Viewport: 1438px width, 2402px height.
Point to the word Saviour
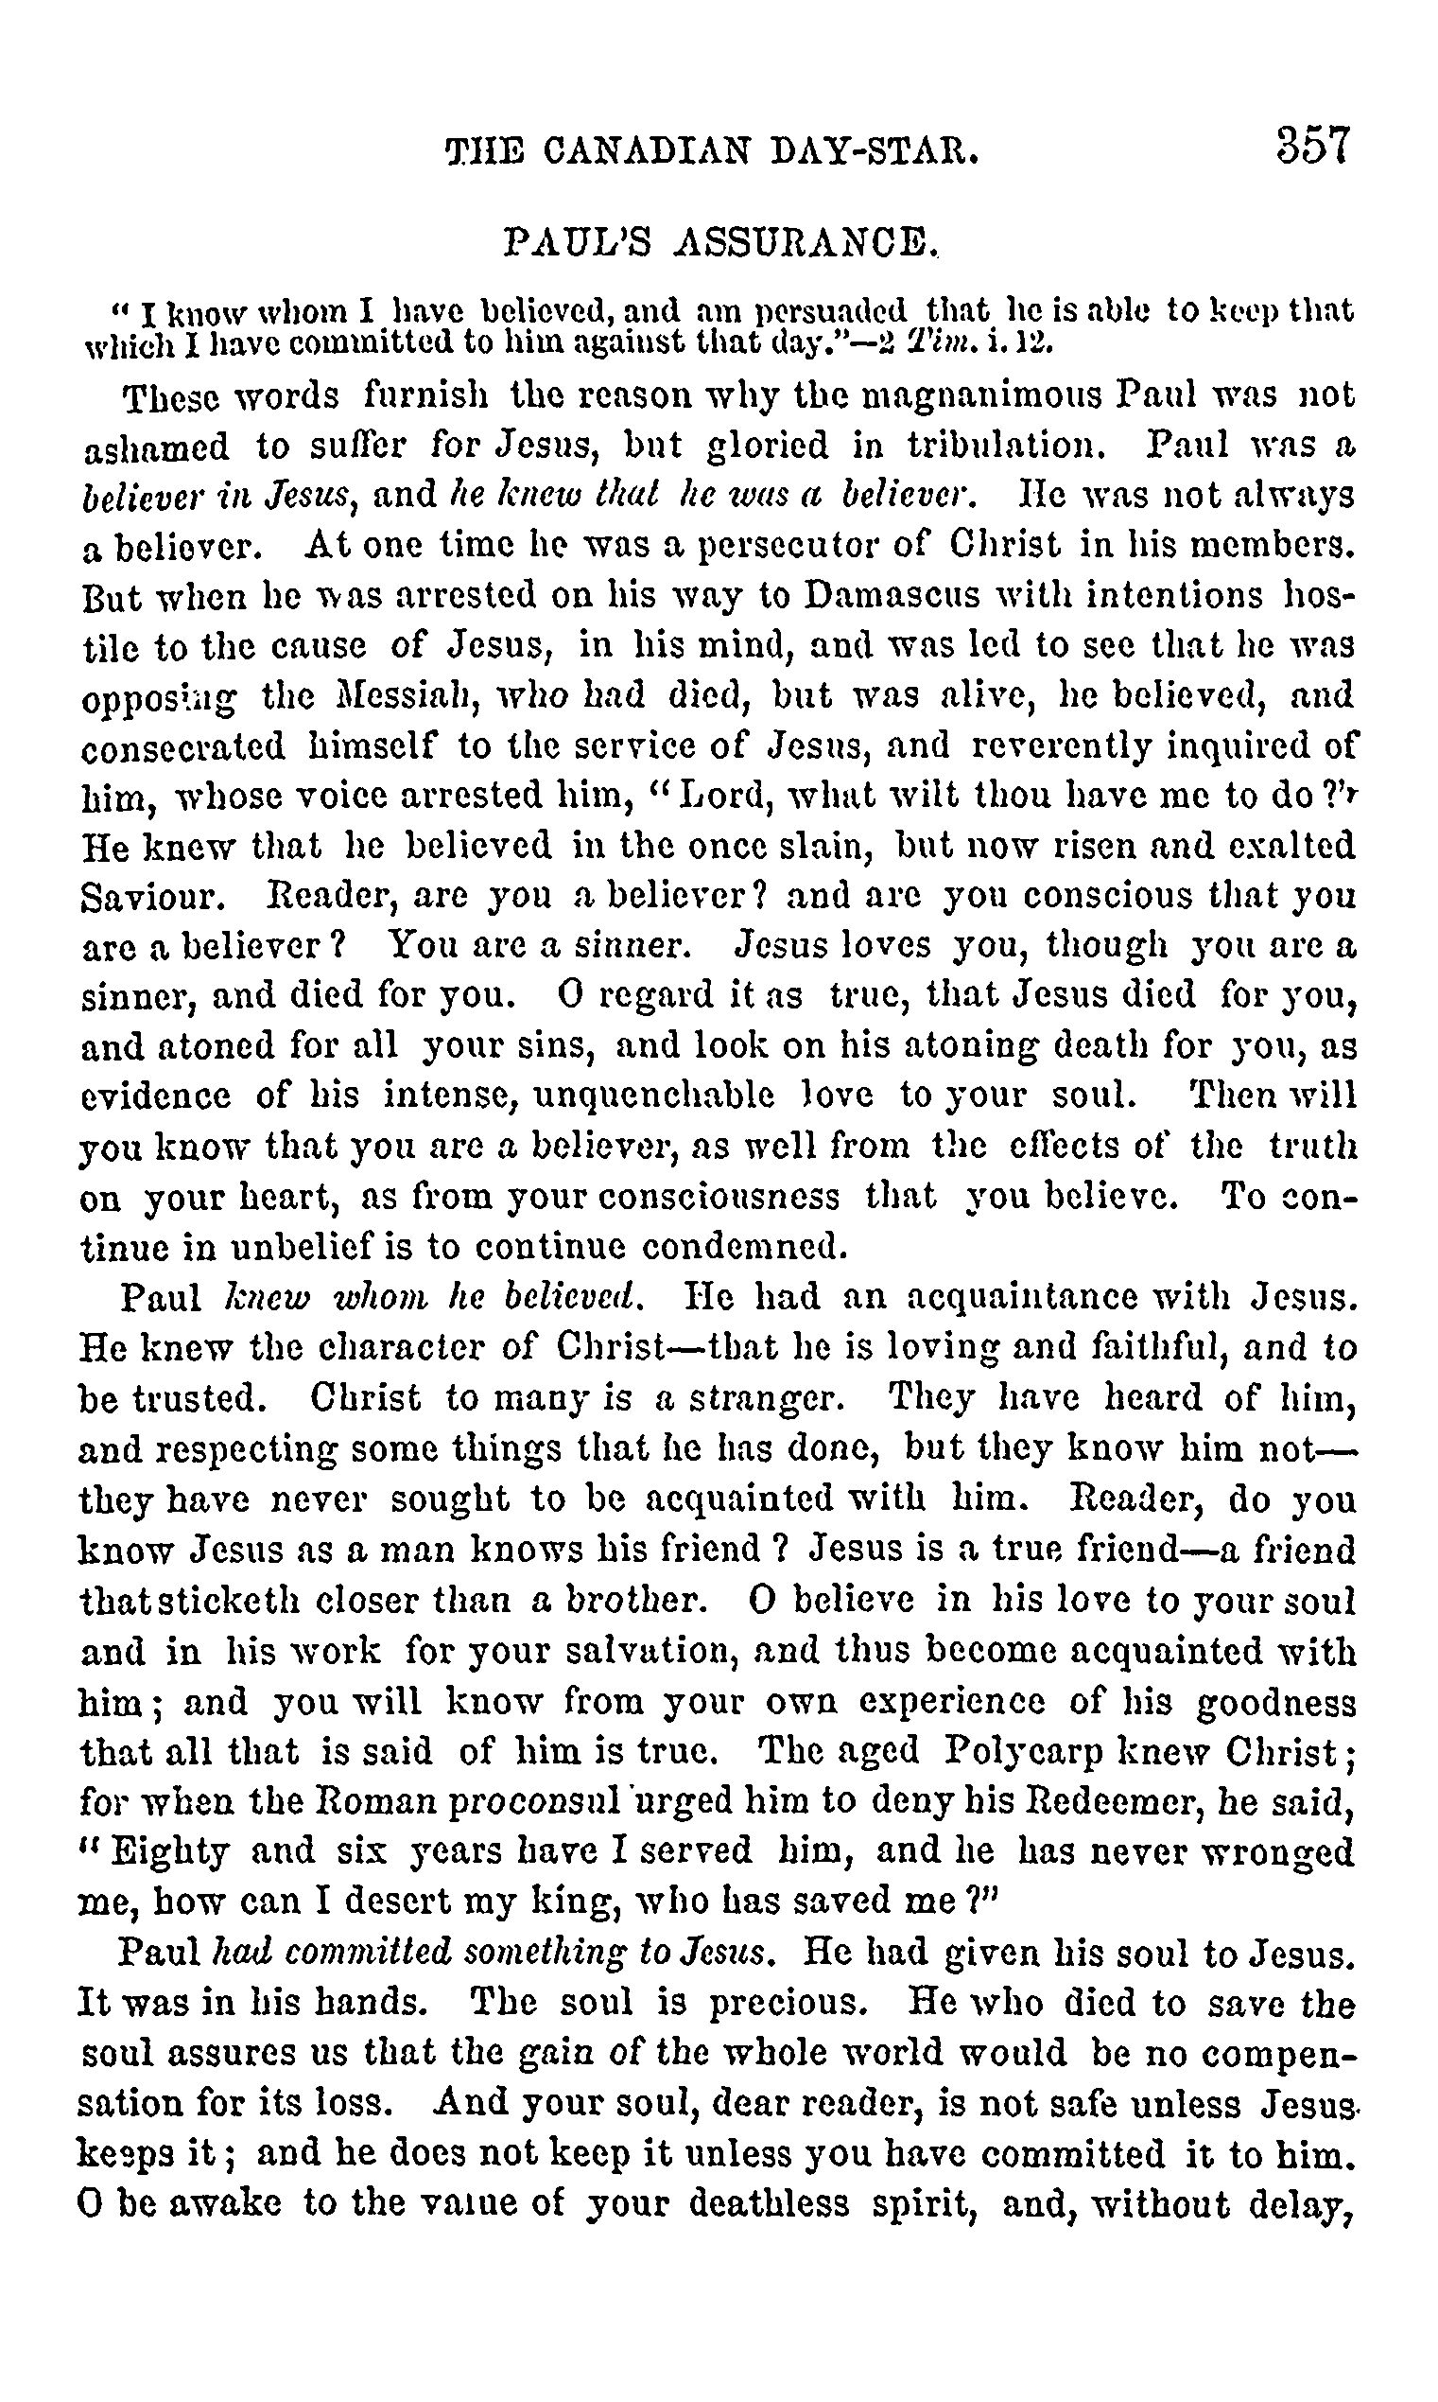pyautogui.click(x=154, y=896)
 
